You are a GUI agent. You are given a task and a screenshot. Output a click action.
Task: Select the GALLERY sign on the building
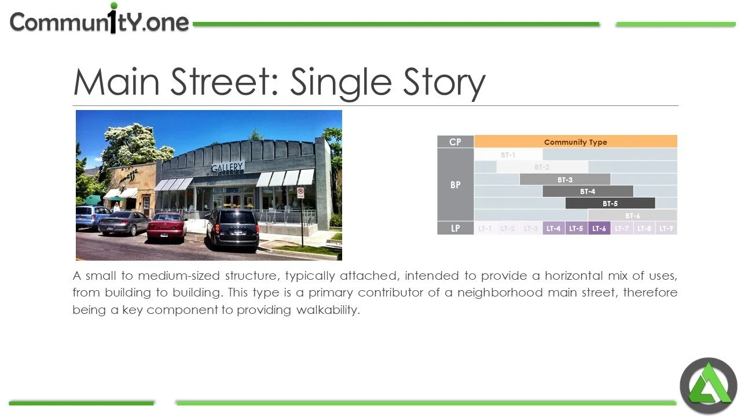tap(228, 167)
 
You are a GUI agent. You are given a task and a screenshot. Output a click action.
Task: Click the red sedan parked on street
tap(166, 226)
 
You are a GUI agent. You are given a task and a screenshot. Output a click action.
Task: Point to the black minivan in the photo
tap(232, 228)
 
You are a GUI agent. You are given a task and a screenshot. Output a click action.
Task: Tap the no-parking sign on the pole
tap(300, 192)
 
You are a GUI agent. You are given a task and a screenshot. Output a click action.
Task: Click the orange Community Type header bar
tap(575, 142)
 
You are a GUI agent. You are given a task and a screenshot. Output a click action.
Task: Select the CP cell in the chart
tap(455, 142)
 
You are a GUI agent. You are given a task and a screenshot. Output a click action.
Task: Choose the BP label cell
tap(455, 185)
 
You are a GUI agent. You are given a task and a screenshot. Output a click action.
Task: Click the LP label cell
tap(455, 228)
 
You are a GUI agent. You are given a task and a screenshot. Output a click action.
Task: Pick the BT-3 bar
tap(564, 180)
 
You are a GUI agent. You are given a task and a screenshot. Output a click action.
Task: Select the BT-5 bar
tap(610, 203)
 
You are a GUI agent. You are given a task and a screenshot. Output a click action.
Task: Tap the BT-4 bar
tap(587, 191)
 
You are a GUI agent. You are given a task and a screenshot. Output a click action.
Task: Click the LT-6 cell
tap(599, 228)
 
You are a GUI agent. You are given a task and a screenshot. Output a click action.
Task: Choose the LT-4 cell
tap(553, 228)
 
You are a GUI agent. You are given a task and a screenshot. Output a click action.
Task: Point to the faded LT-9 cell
tap(666, 228)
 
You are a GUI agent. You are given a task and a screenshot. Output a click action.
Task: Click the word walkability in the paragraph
tap(328, 310)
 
